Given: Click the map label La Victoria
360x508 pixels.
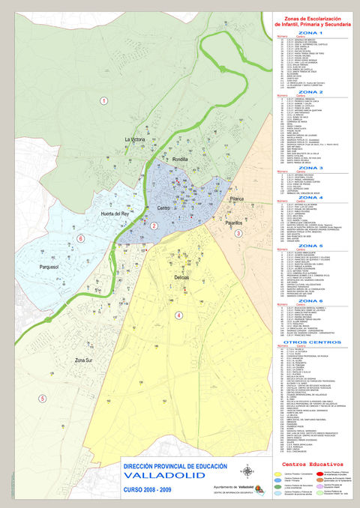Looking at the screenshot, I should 135,140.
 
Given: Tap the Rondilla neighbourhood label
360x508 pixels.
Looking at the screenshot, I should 180,160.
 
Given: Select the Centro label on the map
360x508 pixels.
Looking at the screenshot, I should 165,208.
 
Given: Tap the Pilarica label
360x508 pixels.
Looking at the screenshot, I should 237,199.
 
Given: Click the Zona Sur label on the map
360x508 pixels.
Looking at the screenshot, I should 88,360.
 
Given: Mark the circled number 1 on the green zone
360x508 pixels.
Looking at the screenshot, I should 103,100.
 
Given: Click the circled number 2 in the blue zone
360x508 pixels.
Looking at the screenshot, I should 154,225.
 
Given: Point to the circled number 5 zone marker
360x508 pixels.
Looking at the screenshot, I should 42,398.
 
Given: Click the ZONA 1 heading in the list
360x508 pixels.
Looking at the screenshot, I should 310,34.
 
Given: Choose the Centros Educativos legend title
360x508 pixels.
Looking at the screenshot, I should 310,465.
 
